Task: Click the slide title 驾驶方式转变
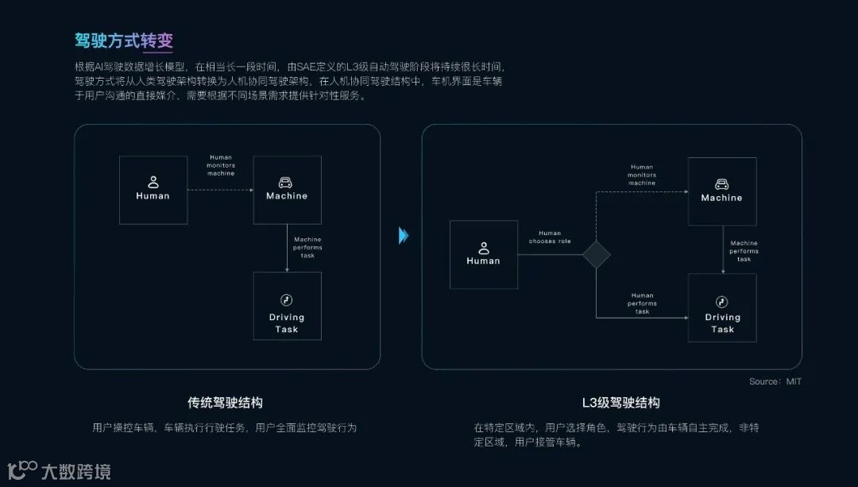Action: pyautogui.click(x=123, y=40)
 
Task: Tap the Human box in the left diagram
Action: pyautogui.click(x=153, y=189)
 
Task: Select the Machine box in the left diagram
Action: pyautogui.click(x=287, y=189)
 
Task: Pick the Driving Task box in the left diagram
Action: pyautogui.click(x=287, y=306)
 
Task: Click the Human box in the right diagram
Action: pyautogui.click(x=483, y=254)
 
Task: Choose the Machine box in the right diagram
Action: pyautogui.click(x=721, y=191)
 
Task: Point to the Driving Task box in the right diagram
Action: pyautogui.click(x=722, y=307)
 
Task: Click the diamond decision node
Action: pyautogui.click(x=596, y=254)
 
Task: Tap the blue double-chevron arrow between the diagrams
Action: pyautogui.click(x=404, y=235)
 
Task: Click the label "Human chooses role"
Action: pyautogui.click(x=550, y=237)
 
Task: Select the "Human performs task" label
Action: pyautogui.click(x=642, y=303)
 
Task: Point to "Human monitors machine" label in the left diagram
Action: pyautogui.click(x=221, y=165)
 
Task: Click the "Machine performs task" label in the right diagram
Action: pyautogui.click(x=744, y=251)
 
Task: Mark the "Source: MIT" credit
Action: pyautogui.click(x=775, y=382)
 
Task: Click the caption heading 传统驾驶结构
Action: pyautogui.click(x=225, y=402)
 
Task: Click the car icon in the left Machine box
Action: pyautogui.click(x=287, y=182)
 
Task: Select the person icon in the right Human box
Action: pyautogui.click(x=483, y=248)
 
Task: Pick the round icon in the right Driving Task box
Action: pyautogui.click(x=722, y=302)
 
